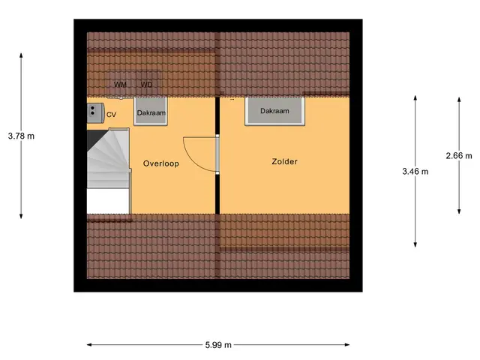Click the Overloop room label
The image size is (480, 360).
coord(161,163)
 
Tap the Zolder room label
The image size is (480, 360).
coord(284,162)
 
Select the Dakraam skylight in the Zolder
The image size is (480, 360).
coord(274,112)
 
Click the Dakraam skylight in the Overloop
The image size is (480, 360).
coord(151,112)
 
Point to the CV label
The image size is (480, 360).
coord(111,115)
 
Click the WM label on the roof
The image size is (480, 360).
coord(120,85)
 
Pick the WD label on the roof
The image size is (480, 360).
coord(146,85)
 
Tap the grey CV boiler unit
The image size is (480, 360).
coord(95,113)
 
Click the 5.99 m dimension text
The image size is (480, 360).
coord(218,345)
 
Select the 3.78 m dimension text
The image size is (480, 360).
coord(21,136)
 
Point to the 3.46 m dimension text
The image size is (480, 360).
coord(415,172)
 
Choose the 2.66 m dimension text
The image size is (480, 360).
coord(459,156)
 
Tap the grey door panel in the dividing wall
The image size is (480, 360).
coord(217,154)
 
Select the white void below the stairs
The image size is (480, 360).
coord(108,201)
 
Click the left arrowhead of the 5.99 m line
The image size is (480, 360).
coord(89,345)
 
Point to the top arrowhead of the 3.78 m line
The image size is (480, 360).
coord(21,55)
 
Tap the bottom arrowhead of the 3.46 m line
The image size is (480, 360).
coord(415,244)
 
